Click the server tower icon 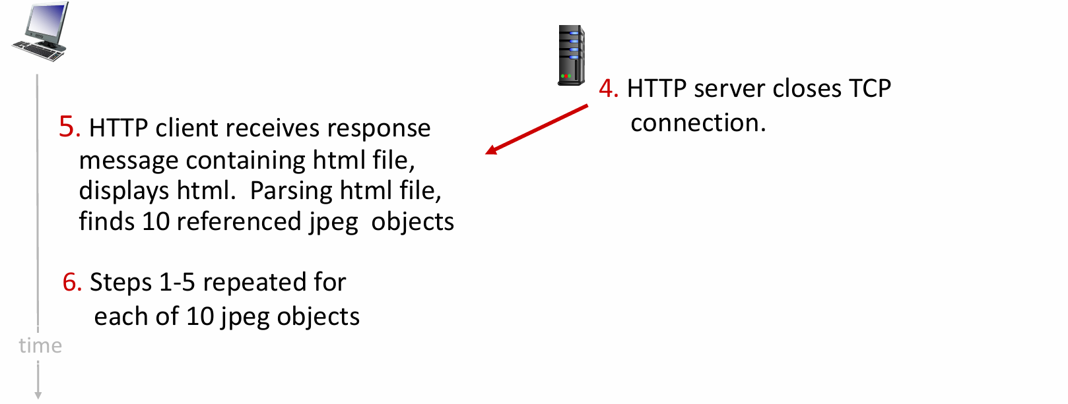click(571, 55)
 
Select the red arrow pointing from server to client click(536, 129)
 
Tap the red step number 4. click(607, 88)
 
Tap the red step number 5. click(69, 127)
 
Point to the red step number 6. click(71, 282)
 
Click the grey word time click(40, 345)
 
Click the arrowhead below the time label click(38, 395)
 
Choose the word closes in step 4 click(807, 88)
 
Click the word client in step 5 click(184, 128)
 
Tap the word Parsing click(291, 190)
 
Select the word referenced click(238, 221)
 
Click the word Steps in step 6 click(121, 282)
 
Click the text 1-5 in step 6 click(177, 282)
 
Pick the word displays click(123, 190)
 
